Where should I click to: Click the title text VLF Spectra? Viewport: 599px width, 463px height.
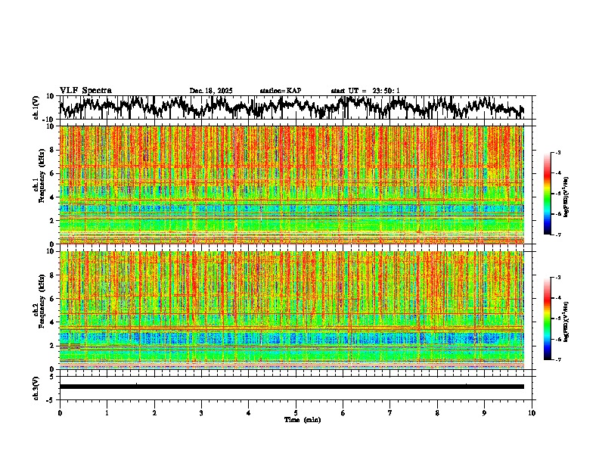point(85,91)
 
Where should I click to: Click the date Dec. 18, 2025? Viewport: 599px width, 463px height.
point(211,91)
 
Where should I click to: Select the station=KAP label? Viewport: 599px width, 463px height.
point(280,91)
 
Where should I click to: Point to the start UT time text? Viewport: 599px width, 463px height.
point(365,91)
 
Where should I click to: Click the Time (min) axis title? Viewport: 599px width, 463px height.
point(301,419)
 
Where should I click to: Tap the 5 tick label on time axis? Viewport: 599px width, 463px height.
point(296,413)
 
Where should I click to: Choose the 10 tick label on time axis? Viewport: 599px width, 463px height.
point(532,413)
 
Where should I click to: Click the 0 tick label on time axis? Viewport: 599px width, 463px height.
point(60,413)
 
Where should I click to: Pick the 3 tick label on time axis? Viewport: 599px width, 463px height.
point(201,413)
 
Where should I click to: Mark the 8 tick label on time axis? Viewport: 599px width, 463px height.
point(438,413)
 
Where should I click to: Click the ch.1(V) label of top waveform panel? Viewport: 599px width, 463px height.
point(36,107)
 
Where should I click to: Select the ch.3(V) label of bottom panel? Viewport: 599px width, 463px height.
point(36,386)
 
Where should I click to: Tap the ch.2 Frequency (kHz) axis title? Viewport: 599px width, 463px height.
point(39,309)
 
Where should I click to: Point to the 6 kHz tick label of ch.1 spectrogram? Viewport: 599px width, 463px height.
point(53,173)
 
